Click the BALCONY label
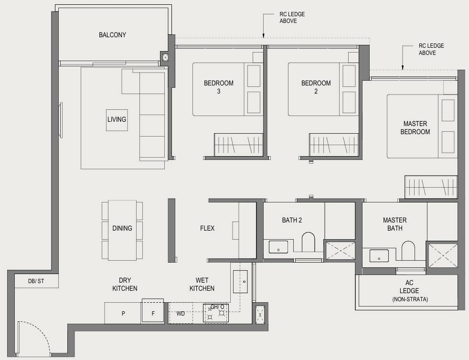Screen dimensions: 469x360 point(112,35)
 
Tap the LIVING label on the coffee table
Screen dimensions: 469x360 point(117,119)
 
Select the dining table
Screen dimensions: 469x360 point(122,230)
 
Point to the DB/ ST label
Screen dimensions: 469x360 point(36,281)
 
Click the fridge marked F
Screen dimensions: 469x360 point(153,311)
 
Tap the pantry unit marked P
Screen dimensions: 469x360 point(123,313)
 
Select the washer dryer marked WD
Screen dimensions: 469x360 point(181,313)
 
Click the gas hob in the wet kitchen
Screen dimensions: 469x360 point(216,313)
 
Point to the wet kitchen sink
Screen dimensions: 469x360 point(240,281)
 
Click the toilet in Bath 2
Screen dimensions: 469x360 point(309,242)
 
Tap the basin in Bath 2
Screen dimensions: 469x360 point(278,247)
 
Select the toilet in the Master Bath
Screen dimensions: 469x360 point(408,251)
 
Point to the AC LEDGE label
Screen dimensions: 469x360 point(409,291)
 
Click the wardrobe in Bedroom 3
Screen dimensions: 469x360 point(238,145)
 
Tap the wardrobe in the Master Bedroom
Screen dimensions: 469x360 point(431,187)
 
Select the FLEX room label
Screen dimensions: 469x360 point(207,228)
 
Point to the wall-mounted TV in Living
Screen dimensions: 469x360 point(61,120)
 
